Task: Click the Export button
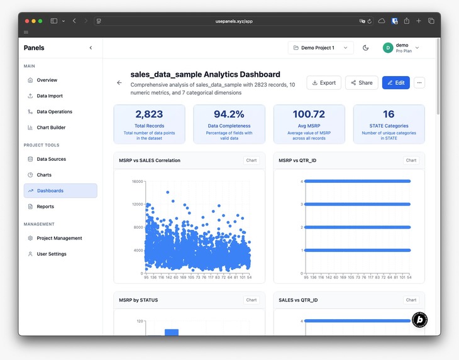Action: point(324,82)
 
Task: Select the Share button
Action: point(362,82)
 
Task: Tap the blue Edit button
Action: point(395,82)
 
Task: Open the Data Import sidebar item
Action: point(50,96)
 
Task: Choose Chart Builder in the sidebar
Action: point(51,128)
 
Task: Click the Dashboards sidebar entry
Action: point(50,191)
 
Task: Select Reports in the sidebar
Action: point(45,207)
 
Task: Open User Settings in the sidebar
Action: point(52,254)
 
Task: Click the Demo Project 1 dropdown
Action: point(321,48)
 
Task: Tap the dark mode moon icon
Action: point(366,48)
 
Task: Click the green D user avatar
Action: point(388,48)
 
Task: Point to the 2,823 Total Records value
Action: point(149,114)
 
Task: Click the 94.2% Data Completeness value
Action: point(229,114)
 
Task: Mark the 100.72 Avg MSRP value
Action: point(309,114)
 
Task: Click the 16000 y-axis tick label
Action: point(138,182)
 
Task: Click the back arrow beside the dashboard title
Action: point(119,82)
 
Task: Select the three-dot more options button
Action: point(419,82)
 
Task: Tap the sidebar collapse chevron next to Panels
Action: point(91,48)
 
